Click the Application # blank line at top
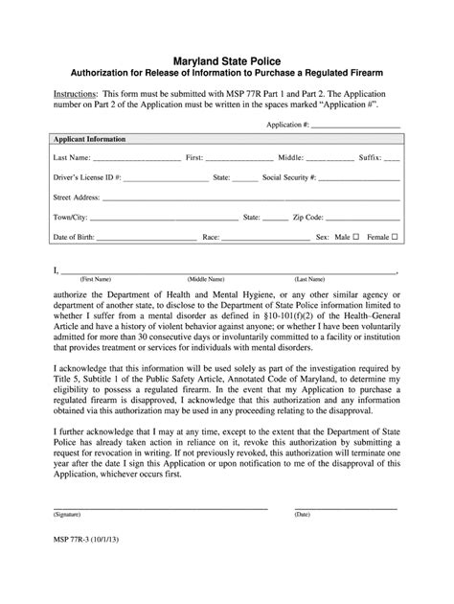pos(355,125)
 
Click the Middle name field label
pos(290,157)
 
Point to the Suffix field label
pos(367,157)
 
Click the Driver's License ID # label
pos(86,177)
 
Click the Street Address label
pos(77,197)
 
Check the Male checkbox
pos(356,236)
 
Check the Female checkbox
pos(395,236)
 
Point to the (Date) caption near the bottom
pos(303,541)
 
